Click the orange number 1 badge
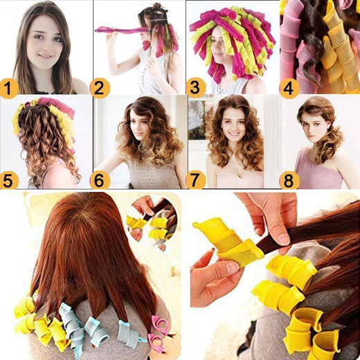pyautogui.click(x=9, y=87)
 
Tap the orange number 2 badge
pyautogui.click(x=100, y=87)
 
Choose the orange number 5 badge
pyautogui.click(x=9, y=180)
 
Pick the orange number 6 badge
pyautogui.click(x=100, y=180)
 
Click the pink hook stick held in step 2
pyautogui.click(x=118, y=30)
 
